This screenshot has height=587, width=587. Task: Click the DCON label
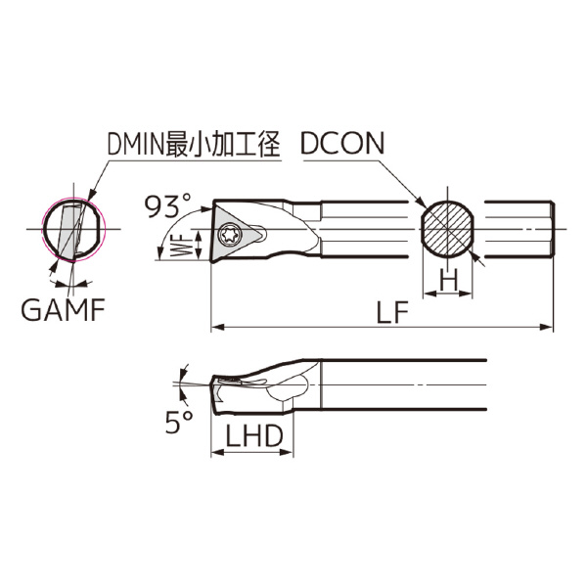[342, 144]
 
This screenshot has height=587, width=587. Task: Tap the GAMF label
[63, 310]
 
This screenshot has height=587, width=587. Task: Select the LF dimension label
[391, 313]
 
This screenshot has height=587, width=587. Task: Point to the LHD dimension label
[253, 436]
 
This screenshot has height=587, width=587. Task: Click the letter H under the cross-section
[448, 280]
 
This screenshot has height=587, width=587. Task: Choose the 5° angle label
[179, 422]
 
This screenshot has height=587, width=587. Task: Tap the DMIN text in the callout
[136, 144]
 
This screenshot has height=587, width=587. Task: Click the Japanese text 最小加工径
[223, 144]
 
